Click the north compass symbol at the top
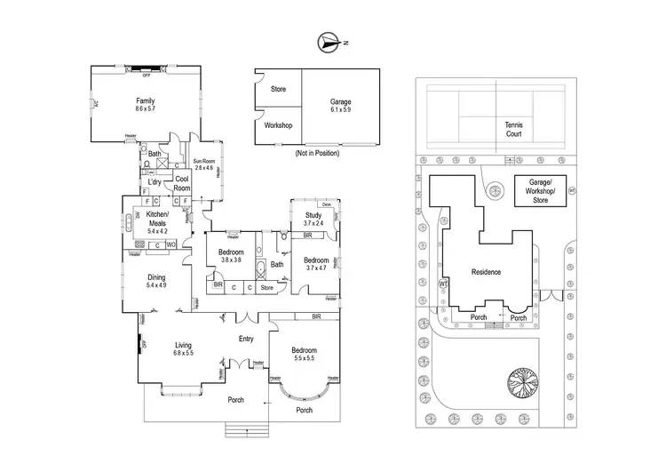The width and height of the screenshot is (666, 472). pyautogui.click(x=329, y=41)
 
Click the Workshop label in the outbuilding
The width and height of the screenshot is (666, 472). pyautogui.click(x=278, y=126)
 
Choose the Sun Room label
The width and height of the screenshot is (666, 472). pyautogui.click(x=204, y=163)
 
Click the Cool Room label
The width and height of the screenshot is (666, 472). pyautogui.click(x=182, y=183)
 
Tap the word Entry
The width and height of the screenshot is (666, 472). pyautogui.click(x=247, y=339)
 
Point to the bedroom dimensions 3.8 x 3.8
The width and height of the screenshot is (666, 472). pyautogui.click(x=231, y=260)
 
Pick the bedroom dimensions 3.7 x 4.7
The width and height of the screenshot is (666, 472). pyautogui.click(x=317, y=268)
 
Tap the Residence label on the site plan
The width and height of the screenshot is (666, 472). pyautogui.click(x=486, y=272)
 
